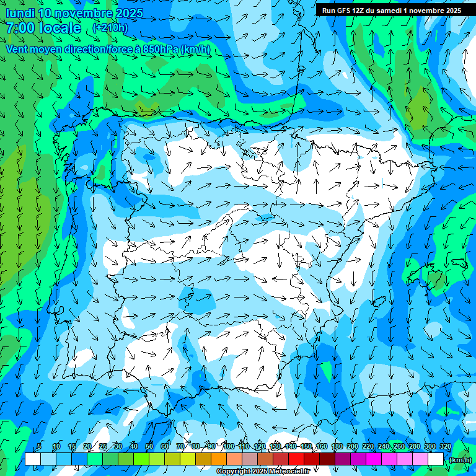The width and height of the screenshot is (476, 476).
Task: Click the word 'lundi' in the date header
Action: tap(20, 13)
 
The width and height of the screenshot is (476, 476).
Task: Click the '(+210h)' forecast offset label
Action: tap(110, 28)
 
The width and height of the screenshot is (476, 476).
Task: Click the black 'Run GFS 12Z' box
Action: tap(390, 11)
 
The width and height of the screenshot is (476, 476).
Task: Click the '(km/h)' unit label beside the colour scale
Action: tap(460, 460)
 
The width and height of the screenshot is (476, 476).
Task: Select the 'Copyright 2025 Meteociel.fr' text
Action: tap(263, 472)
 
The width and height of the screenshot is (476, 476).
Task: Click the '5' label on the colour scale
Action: tap(40, 446)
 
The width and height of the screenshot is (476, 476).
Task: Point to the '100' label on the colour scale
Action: tap(228, 446)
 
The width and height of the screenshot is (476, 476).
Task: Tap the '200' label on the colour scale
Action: tap(352, 446)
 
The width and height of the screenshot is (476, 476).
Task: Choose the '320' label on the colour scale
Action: tap(445, 446)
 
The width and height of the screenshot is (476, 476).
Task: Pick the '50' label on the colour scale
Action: tap(149, 446)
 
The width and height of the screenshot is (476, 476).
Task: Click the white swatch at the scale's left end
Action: tap(32, 459)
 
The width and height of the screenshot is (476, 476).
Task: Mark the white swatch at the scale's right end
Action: tap(436, 459)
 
